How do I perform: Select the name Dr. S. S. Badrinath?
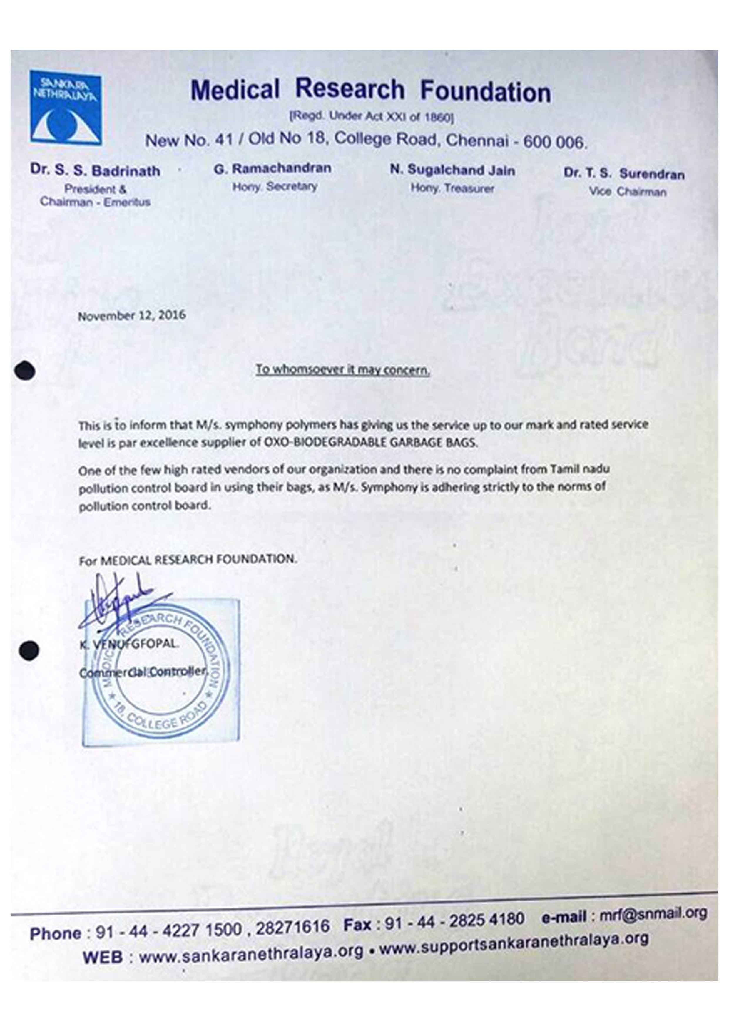tap(95, 171)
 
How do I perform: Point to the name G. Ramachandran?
tap(273, 168)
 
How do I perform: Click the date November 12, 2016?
tap(132, 315)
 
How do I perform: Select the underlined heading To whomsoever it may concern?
tap(343, 369)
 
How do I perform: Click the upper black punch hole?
tap(25, 371)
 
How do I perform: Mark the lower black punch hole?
tap(29, 650)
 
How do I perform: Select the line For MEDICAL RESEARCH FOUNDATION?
tap(188, 560)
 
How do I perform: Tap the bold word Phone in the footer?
tap(56, 933)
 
